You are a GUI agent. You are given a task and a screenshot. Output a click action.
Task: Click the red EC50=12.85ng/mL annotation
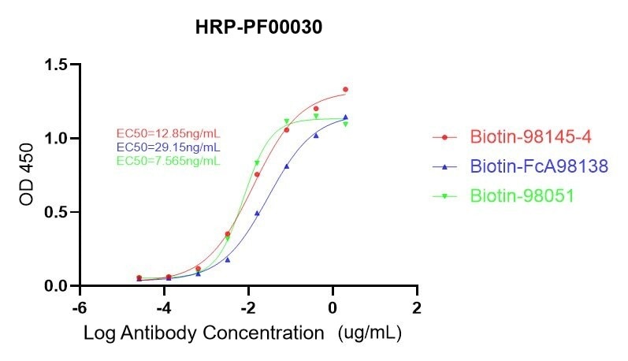click(x=168, y=134)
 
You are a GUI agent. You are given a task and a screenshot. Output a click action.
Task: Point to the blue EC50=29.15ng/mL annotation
click(x=168, y=147)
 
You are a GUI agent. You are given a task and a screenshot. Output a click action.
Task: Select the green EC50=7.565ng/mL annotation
click(x=168, y=161)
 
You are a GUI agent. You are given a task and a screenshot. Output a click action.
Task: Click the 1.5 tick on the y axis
click(x=56, y=65)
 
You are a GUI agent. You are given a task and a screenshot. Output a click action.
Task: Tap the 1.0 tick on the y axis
click(x=56, y=139)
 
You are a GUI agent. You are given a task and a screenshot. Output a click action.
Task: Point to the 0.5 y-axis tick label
click(x=56, y=212)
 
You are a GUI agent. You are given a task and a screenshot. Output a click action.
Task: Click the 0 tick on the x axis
click(x=333, y=307)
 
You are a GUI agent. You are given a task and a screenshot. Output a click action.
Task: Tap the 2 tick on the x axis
click(x=418, y=307)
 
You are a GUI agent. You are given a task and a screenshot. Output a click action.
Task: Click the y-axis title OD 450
click(x=27, y=175)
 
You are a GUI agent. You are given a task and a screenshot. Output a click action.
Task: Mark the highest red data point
click(x=345, y=90)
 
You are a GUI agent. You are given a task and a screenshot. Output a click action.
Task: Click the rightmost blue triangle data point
click(x=345, y=117)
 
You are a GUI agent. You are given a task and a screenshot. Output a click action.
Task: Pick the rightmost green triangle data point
click(x=345, y=124)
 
